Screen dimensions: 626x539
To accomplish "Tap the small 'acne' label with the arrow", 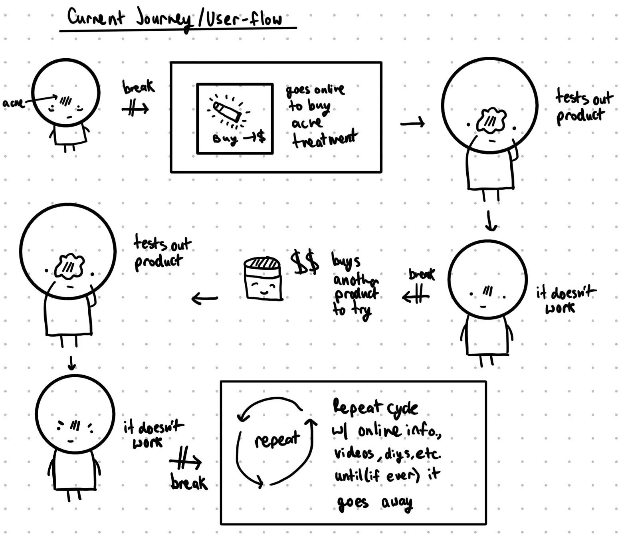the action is click(13, 103).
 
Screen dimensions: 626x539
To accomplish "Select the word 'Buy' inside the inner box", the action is click(225, 139).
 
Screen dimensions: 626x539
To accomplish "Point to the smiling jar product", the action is click(263, 279).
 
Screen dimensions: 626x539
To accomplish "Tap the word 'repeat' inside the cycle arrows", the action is click(277, 439).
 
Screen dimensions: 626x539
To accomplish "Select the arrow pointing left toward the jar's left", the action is click(205, 298).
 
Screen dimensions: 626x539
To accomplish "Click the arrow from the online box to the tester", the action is click(412, 123).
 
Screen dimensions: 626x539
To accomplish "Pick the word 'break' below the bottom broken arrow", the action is click(189, 483).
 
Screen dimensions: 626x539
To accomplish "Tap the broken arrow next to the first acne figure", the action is click(135, 108).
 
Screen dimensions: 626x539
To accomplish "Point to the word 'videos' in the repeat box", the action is click(354, 453).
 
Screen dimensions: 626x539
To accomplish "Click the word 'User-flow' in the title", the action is click(244, 19).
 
